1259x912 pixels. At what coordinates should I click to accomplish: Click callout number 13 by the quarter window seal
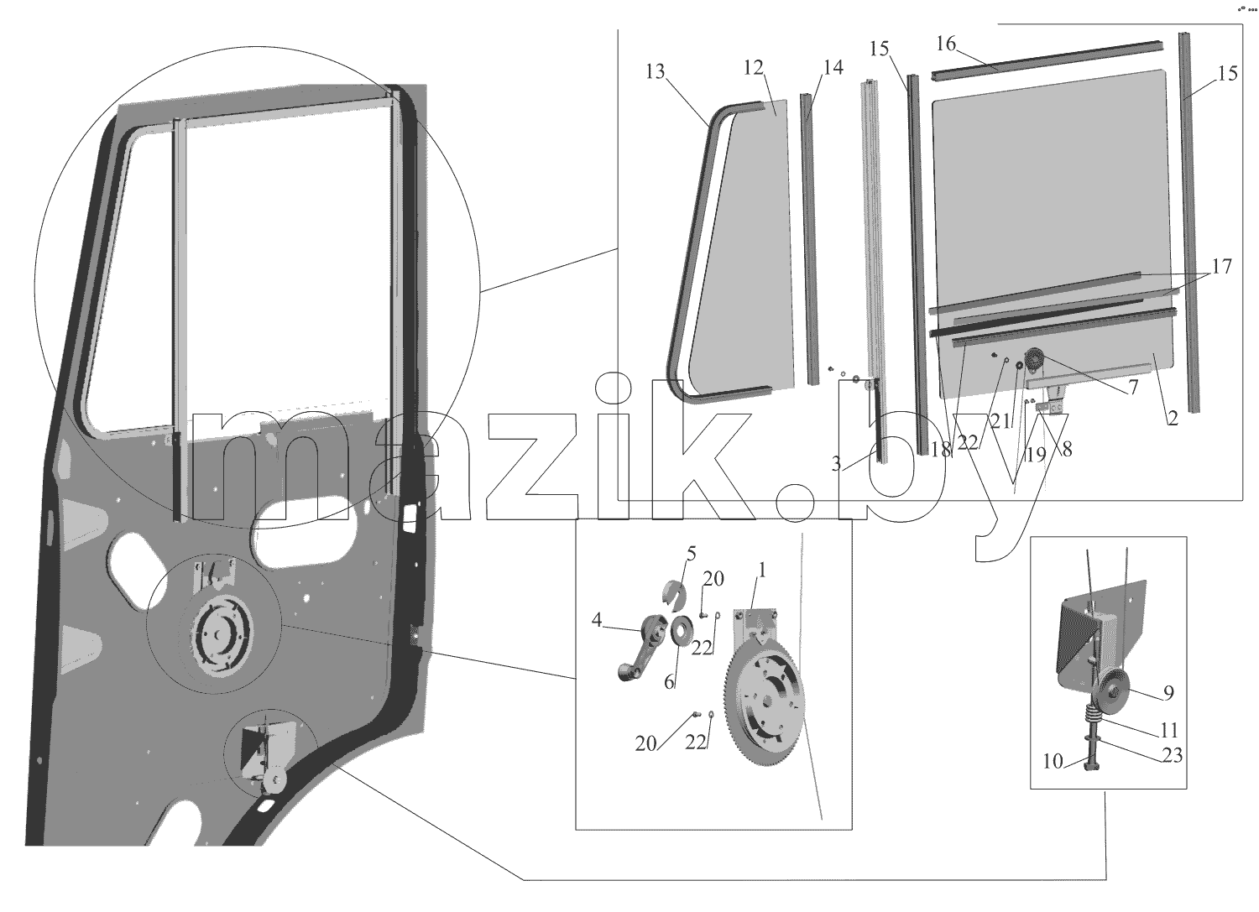(656, 72)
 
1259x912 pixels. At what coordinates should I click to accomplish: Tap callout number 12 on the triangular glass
(754, 67)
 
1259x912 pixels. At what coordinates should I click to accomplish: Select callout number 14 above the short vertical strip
(833, 67)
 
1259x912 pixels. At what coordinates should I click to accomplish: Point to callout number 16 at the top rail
(947, 44)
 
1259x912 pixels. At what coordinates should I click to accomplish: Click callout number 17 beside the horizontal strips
(1222, 266)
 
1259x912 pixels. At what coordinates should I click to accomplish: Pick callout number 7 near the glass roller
(1132, 387)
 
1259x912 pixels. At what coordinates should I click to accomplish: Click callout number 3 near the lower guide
(836, 464)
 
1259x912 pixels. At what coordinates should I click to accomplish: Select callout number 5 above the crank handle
(692, 554)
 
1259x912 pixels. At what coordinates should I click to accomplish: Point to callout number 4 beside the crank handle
(597, 620)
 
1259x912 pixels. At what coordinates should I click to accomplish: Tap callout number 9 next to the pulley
(1168, 693)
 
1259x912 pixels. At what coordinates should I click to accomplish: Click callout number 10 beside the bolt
(1053, 762)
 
